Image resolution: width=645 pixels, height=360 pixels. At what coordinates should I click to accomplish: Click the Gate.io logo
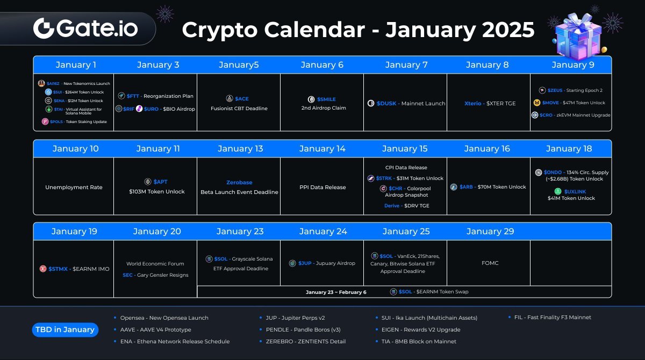[x=85, y=28]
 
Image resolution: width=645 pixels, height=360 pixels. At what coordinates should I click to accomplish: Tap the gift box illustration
[x=578, y=33]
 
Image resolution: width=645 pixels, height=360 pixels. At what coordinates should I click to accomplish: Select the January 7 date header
[x=406, y=65]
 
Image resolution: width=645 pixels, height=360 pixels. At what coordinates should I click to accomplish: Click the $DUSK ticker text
[x=386, y=103]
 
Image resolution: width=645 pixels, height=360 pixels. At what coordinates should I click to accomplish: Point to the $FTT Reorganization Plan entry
[x=155, y=96]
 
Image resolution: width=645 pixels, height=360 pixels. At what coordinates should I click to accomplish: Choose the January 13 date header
[x=240, y=149]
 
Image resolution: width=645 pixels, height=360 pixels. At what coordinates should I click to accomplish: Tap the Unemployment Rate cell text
[x=74, y=188]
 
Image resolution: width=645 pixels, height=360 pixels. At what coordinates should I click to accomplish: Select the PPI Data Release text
[x=322, y=188]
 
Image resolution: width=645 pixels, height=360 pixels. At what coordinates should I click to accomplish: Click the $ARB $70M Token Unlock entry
[x=488, y=187]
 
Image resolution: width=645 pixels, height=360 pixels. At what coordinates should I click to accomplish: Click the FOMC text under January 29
[x=490, y=263]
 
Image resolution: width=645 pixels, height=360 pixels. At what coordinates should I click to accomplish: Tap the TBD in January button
[x=65, y=329]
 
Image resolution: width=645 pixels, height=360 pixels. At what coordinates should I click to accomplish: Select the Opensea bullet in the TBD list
[x=161, y=318]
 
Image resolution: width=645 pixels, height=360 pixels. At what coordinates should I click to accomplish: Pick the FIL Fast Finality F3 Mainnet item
[x=549, y=318]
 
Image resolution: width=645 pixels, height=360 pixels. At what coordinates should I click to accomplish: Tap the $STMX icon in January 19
[x=43, y=269]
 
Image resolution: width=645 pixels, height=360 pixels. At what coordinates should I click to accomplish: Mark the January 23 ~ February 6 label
[x=336, y=292]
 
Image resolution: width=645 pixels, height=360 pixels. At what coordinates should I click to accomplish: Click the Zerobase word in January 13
[x=239, y=183]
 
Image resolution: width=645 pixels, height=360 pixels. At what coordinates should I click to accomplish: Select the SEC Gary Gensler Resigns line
[x=155, y=275]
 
